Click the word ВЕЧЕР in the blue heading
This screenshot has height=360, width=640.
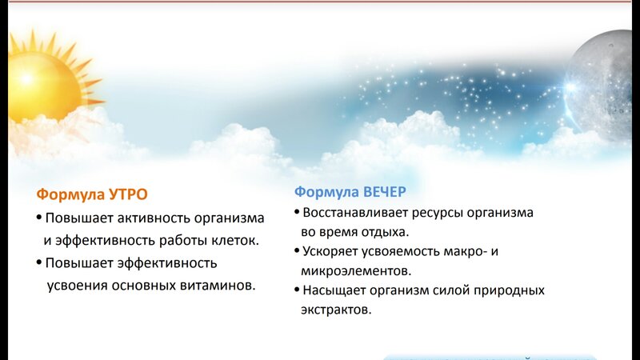(x=385, y=192)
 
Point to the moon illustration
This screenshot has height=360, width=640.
(x=600, y=86)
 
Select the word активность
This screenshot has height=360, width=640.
(x=154, y=218)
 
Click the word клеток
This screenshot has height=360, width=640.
(x=235, y=241)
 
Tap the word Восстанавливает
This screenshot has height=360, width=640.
(x=355, y=213)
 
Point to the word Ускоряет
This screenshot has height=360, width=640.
(x=332, y=251)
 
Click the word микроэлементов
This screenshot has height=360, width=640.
(x=356, y=271)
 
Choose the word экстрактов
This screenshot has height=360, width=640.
(x=336, y=310)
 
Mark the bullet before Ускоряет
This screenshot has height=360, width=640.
(x=297, y=250)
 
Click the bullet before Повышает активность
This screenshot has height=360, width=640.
(x=39, y=217)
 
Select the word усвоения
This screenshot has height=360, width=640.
(x=77, y=286)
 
